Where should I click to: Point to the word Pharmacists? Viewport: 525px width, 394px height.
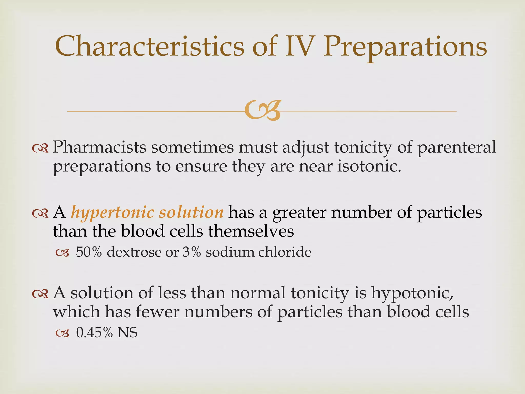(99, 147)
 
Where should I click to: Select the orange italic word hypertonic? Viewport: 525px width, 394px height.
(112, 213)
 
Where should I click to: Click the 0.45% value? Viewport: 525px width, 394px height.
(95, 333)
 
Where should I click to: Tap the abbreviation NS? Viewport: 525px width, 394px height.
(127, 333)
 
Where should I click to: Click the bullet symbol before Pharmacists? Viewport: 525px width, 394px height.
(40, 148)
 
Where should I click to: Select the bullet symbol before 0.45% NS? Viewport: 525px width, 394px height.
(63, 333)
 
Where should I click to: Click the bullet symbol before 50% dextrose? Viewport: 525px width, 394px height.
(63, 253)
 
